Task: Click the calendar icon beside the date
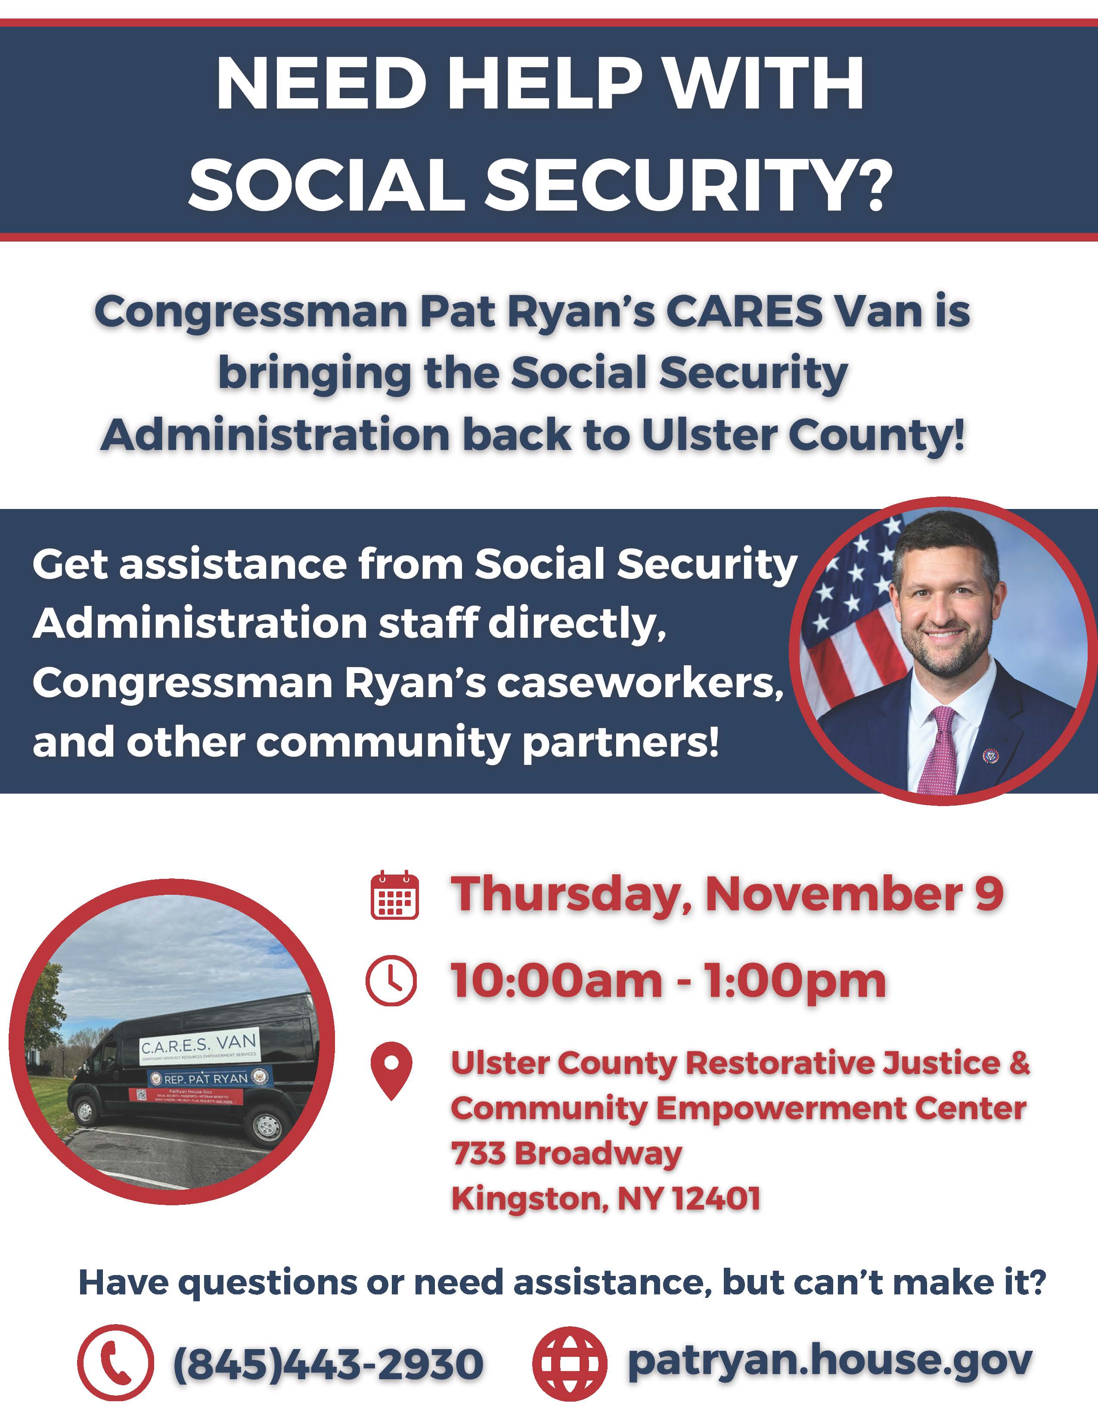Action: point(394,895)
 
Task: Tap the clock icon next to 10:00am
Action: point(391,981)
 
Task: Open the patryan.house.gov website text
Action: point(829,1361)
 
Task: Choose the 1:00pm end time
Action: point(794,981)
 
